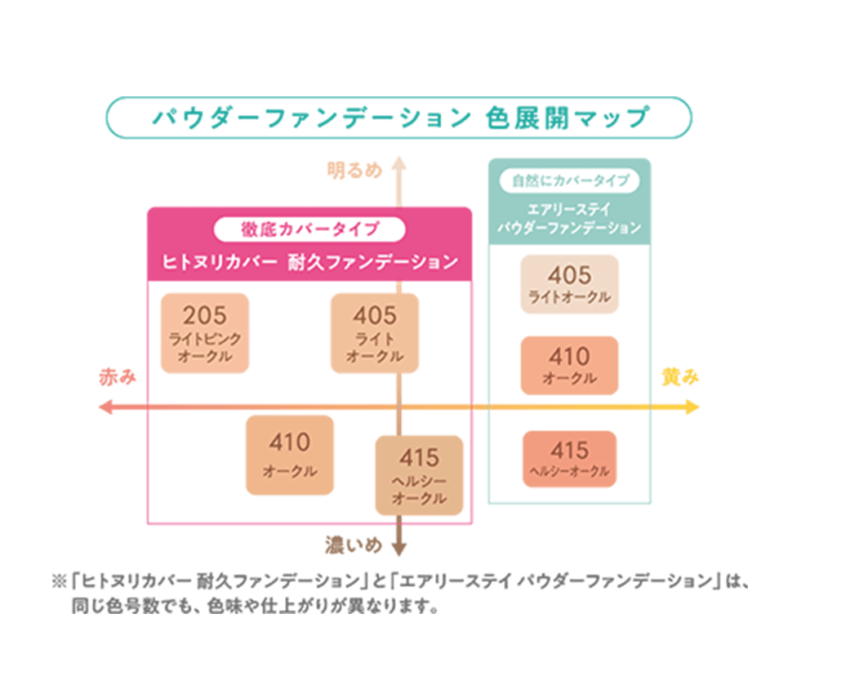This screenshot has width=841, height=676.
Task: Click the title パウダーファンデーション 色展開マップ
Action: pyautogui.click(x=398, y=118)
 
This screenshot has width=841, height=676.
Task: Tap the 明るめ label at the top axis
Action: pyautogui.click(x=354, y=171)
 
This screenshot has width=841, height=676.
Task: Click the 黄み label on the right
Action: pyautogui.click(x=680, y=376)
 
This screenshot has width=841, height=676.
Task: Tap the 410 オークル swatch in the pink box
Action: pyautogui.click(x=290, y=456)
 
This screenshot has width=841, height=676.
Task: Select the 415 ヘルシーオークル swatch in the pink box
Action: pyautogui.click(x=419, y=474)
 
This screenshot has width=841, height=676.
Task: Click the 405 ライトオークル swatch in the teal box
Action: pyautogui.click(x=569, y=284)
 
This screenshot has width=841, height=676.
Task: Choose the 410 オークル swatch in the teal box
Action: pyautogui.click(x=569, y=365)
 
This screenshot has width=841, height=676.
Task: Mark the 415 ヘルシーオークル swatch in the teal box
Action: pyautogui.click(x=569, y=459)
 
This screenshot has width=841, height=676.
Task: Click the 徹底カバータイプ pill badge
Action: pyautogui.click(x=309, y=229)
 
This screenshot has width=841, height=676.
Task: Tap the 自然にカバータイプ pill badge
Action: pyautogui.click(x=570, y=180)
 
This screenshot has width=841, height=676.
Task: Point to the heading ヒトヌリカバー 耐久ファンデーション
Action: pyautogui.click(x=310, y=262)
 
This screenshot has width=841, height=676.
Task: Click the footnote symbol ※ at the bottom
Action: pyautogui.click(x=58, y=582)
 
